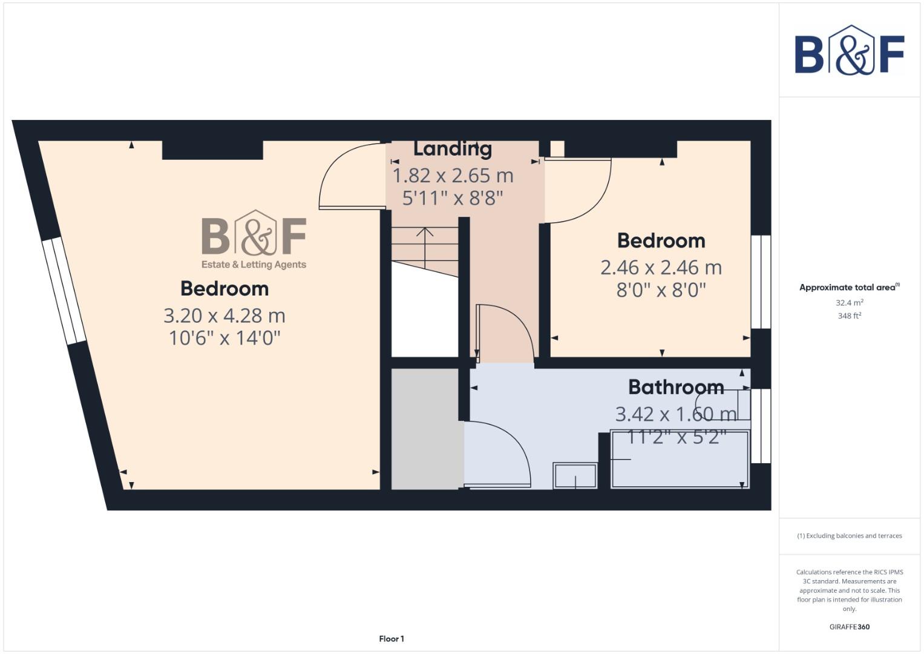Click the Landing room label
(452, 148)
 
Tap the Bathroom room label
(676, 387)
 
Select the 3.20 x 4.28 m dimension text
(224, 315)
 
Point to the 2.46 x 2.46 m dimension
(661, 267)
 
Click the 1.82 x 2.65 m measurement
(453, 176)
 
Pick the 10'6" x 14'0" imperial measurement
(224, 338)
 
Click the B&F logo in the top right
(850, 50)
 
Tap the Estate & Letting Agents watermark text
(254, 265)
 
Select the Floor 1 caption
(392, 639)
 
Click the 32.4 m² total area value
(849, 302)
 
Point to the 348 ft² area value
(849, 315)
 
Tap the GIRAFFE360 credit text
(849, 627)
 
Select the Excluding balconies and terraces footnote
(849, 536)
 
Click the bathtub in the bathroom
(680, 459)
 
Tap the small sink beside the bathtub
(575, 475)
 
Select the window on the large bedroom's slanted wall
(63, 290)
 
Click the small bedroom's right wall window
(761, 282)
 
